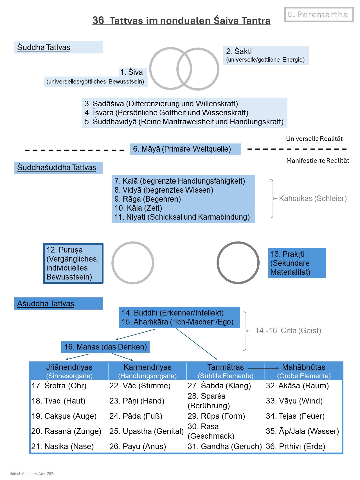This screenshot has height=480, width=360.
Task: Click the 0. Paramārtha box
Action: [x=319, y=15]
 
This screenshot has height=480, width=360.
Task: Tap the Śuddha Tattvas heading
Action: [x=44, y=47]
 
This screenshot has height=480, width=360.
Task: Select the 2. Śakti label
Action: [x=266, y=55]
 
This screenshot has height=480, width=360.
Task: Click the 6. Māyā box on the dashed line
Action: [x=186, y=149]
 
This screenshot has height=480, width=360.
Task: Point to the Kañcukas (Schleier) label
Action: [x=313, y=199]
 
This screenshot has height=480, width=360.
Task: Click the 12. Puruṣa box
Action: [x=73, y=263]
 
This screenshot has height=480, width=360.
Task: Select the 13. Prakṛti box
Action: [x=297, y=263]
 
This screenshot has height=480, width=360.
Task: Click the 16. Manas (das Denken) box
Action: [x=105, y=347]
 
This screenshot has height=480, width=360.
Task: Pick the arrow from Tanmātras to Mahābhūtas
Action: [x=263, y=368]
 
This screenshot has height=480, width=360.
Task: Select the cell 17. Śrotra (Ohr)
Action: [x=59, y=386]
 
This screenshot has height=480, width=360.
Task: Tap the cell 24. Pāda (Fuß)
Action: [x=136, y=416]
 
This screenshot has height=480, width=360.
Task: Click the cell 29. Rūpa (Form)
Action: [x=216, y=416]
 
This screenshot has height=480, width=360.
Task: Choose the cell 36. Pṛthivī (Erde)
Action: [x=295, y=446]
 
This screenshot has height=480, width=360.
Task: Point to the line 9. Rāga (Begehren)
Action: [x=148, y=199]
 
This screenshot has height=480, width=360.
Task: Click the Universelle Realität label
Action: [x=314, y=139]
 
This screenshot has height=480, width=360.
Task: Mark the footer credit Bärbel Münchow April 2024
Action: [x=32, y=474]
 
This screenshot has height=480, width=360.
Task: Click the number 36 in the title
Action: [x=98, y=20]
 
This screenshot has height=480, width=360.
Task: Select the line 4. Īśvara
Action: [x=166, y=113]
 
